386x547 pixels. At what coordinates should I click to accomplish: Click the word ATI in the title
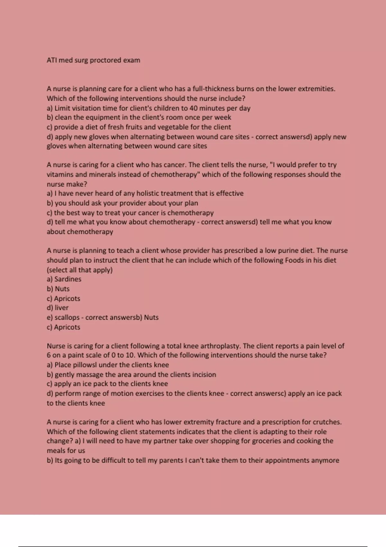pos(51,60)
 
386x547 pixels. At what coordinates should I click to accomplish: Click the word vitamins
pos(60,174)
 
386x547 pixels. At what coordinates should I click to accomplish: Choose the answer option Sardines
pos(68,279)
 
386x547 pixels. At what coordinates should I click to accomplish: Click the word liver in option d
pos(61,308)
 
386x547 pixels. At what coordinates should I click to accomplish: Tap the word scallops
pos(67,317)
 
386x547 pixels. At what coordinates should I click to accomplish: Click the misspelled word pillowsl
pos(79,365)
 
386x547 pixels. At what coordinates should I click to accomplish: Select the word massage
pos(90,375)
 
